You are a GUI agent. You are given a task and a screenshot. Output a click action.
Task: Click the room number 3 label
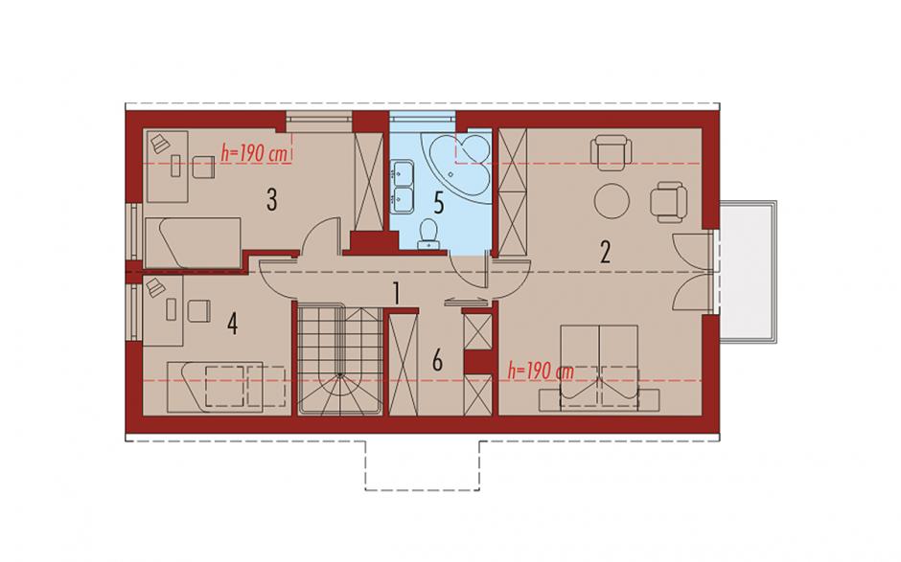pos(272,200)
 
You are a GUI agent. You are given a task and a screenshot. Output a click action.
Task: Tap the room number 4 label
pos(232,324)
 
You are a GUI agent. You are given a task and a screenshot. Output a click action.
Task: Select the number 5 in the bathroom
pos(438,203)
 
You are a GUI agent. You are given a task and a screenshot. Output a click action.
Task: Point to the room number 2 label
pos(605,252)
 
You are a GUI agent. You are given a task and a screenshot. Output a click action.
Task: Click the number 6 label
pos(437,361)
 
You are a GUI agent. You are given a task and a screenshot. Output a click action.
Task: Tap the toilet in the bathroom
pos(428,235)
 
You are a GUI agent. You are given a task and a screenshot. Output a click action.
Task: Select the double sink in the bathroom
pos(403,183)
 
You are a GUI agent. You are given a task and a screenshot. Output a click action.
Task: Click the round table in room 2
pos(612,201)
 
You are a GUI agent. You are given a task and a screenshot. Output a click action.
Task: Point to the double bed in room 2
pos(599,368)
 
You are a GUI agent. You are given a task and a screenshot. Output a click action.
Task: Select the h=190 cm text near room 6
pos(542,371)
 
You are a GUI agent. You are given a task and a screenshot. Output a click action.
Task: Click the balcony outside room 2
pos(747,271)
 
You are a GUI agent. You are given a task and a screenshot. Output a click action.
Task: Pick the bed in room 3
pos(193,242)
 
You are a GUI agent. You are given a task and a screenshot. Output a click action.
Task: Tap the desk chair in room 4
pos(197,310)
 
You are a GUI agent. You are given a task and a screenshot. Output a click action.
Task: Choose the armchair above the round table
pos(611,152)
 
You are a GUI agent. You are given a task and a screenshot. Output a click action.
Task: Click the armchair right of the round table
pos(669,202)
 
